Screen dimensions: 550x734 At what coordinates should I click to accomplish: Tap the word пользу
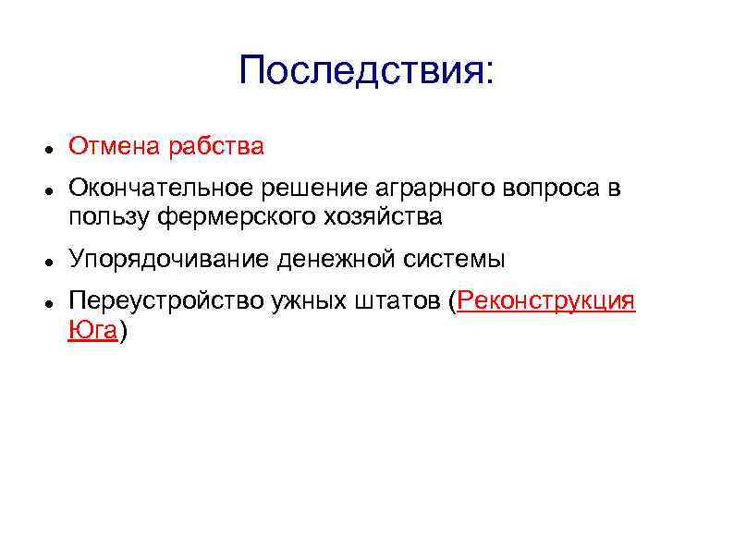point(109,217)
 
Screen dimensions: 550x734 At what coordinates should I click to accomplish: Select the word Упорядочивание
point(168,260)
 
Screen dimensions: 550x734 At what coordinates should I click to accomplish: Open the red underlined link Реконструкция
point(546,303)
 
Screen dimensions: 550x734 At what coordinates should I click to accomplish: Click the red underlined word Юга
point(92,331)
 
